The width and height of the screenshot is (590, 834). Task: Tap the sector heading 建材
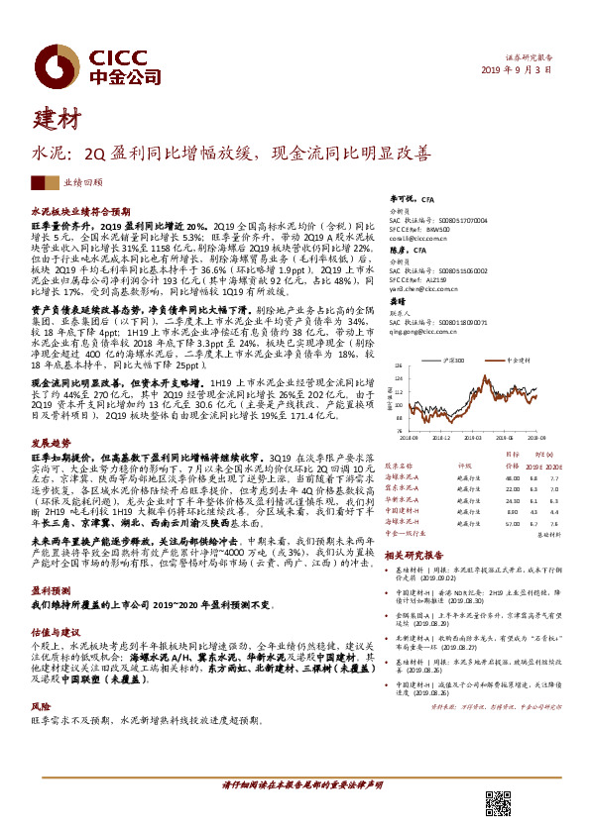pos(59,121)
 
